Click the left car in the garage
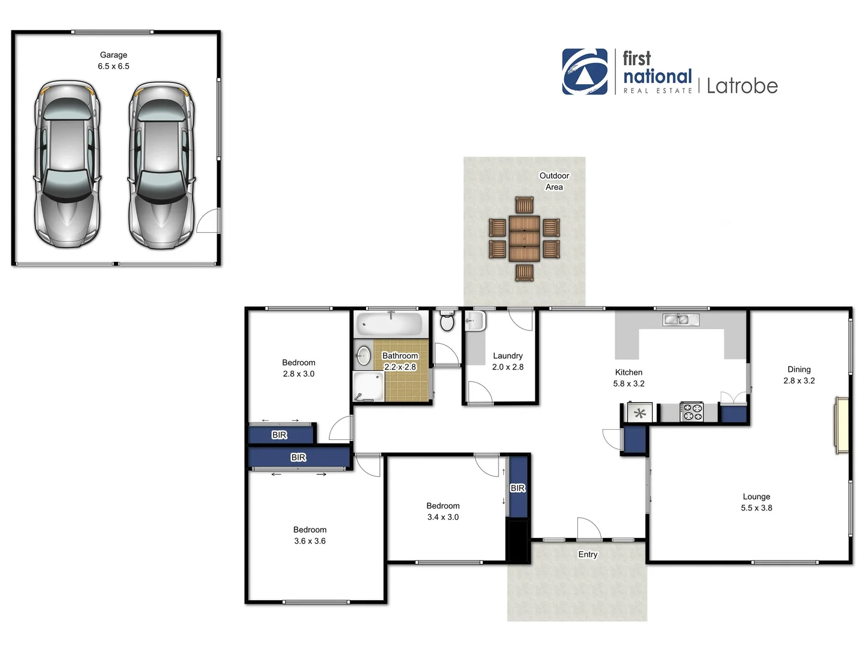[x=67, y=164]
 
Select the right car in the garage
[x=161, y=166]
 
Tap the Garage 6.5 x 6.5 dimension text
[x=114, y=66]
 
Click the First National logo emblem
[x=585, y=72]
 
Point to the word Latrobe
[x=742, y=86]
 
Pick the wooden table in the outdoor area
[x=524, y=238]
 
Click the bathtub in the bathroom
[x=390, y=324]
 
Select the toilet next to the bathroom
[x=447, y=321]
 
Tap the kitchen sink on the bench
[x=680, y=319]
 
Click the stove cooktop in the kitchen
[x=691, y=412]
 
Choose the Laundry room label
[x=508, y=356]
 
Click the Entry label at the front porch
[x=588, y=554]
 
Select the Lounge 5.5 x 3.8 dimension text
[x=756, y=508]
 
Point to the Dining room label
[x=799, y=370]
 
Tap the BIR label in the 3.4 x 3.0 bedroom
[x=518, y=488]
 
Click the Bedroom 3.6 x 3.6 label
[x=310, y=535]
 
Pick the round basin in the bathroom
[x=364, y=355]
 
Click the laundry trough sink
[x=474, y=321]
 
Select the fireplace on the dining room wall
[x=842, y=425]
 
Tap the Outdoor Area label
[x=554, y=181]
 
